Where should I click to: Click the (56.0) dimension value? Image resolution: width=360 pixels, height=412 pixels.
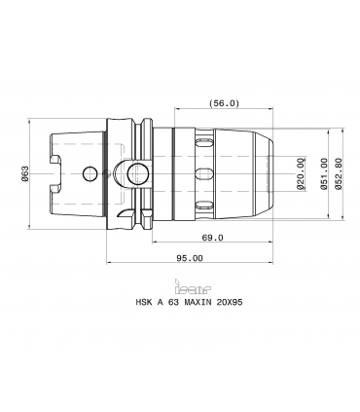[224, 103]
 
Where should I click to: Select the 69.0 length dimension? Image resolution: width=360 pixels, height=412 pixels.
[213, 238]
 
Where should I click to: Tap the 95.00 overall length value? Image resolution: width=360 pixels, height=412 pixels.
[190, 258]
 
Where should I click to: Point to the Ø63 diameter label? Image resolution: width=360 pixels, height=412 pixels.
[25, 173]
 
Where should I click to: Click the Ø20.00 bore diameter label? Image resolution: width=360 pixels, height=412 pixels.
[301, 173]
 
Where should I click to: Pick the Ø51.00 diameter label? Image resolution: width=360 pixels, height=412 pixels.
[325, 173]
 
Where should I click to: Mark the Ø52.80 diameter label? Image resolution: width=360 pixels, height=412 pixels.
[339, 173]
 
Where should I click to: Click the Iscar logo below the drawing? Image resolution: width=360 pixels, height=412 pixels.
[193, 285]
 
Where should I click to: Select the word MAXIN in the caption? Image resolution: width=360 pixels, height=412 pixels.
[198, 302]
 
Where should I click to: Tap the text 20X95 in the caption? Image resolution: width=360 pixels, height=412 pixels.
[230, 302]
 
